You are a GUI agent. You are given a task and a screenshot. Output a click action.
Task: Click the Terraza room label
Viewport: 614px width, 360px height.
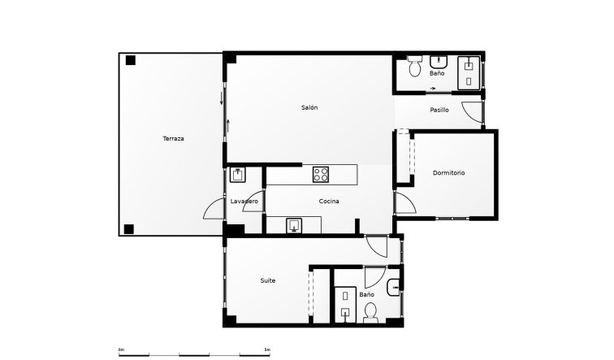pyautogui.click(x=173, y=139)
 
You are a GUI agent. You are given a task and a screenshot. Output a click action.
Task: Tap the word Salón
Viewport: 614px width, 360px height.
pyautogui.click(x=309, y=108)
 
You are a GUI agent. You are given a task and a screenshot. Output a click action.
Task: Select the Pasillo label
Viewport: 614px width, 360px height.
pyautogui.click(x=439, y=110)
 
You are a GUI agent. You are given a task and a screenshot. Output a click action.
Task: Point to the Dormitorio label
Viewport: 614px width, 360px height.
pyautogui.click(x=449, y=173)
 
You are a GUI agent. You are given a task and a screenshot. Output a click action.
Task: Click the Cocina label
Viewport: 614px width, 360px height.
pyautogui.click(x=329, y=201)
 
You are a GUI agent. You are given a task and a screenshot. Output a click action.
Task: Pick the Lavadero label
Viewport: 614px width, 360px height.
pyautogui.click(x=244, y=201)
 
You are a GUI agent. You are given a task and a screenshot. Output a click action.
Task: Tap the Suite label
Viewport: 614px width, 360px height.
pyautogui.click(x=267, y=280)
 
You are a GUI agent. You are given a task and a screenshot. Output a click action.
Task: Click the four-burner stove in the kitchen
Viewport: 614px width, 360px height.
pyautogui.click(x=320, y=173)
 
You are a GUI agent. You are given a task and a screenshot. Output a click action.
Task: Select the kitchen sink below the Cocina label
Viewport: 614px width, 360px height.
pyautogui.click(x=294, y=226)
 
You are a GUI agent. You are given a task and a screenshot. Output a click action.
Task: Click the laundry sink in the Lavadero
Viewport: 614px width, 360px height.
pyautogui.click(x=238, y=174)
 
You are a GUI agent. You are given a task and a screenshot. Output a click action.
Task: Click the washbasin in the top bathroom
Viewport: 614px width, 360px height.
pyautogui.click(x=441, y=61)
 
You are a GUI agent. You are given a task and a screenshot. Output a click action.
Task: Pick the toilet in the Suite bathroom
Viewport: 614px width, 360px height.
pyautogui.click(x=370, y=311)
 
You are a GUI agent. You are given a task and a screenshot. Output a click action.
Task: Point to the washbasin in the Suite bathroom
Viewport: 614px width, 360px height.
pyautogui.click(x=394, y=284)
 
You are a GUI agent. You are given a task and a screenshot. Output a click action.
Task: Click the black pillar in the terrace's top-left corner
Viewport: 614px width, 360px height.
pyautogui.click(x=131, y=60)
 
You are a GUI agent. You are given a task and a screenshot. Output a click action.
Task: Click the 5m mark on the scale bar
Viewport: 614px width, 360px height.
pyautogui.click(x=268, y=349)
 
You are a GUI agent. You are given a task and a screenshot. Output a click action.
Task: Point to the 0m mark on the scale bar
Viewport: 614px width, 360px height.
pyautogui.click(x=121, y=349)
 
